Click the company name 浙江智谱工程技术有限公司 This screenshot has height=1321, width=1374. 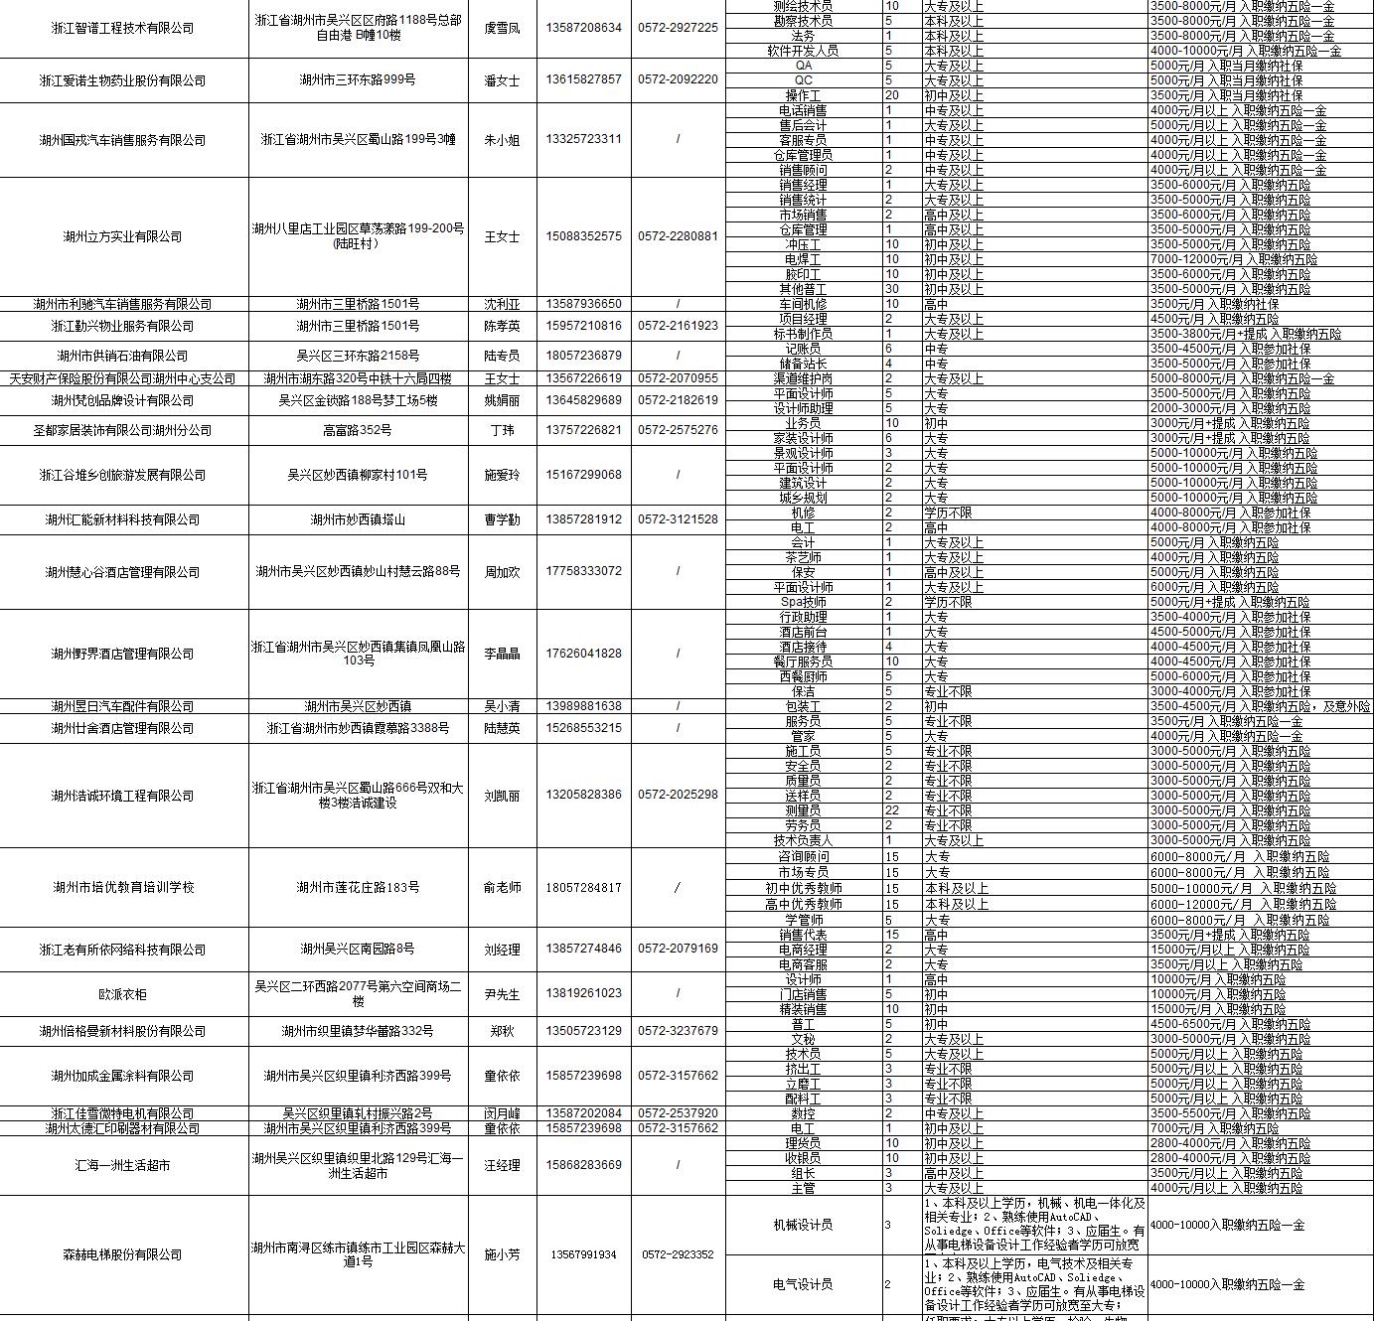click(122, 29)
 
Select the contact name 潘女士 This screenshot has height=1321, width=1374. click(502, 80)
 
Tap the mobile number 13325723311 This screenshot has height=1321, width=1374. click(583, 139)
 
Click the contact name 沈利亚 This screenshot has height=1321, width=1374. click(502, 304)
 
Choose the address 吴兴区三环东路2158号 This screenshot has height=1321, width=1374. click(358, 356)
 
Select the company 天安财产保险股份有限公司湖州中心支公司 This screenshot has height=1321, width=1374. click(122, 378)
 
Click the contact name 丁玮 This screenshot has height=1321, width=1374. click(502, 430)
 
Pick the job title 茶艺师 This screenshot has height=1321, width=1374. click(803, 557)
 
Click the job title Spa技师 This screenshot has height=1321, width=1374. click(803, 602)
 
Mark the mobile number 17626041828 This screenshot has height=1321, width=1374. click(583, 654)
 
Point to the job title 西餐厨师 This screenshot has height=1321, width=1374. click(803, 676)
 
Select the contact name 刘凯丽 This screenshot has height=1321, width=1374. click(502, 796)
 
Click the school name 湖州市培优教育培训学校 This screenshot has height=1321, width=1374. click(122, 888)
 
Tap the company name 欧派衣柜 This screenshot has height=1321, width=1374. click(122, 994)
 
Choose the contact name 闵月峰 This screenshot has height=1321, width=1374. click(502, 1113)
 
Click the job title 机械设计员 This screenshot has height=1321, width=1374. click(803, 1225)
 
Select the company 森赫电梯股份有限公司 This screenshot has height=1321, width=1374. click(122, 1255)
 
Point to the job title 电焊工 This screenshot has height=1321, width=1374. click(803, 259)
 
